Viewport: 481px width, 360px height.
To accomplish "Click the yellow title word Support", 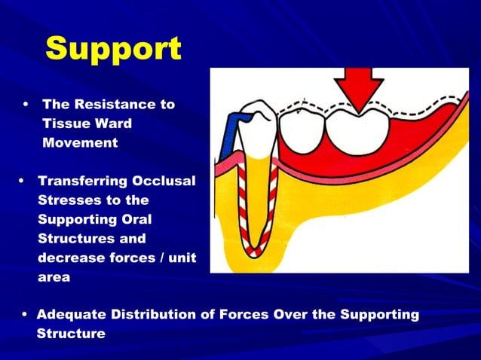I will tap(113, 50).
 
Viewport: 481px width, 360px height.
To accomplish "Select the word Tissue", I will tap(64, 124).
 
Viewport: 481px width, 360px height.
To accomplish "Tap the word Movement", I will tap(80, 143).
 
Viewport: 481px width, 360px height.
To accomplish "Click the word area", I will tap(53, 277).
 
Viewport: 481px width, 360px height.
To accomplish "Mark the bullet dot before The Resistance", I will tap(27, 104).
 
